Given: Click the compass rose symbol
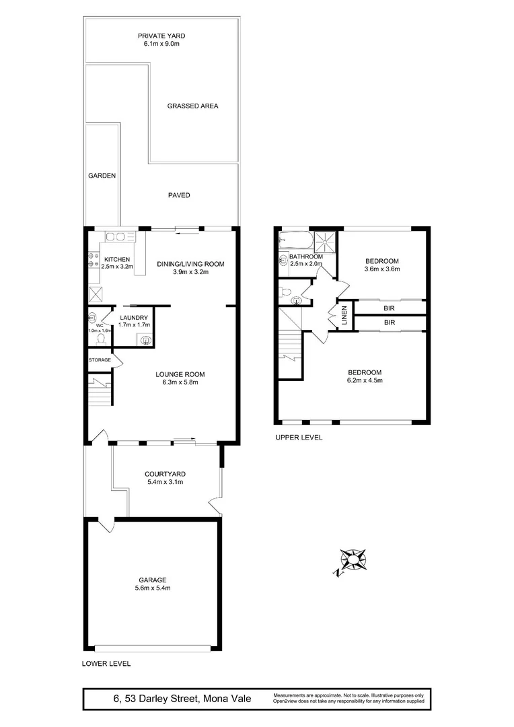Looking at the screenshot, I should coord(354,559).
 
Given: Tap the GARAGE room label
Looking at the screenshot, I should coord(153,580).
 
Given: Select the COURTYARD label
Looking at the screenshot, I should coord(165,473).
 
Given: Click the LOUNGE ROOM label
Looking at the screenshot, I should coord(180,374).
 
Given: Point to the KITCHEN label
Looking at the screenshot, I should coord(116,258).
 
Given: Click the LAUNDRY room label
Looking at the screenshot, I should coord(133,318).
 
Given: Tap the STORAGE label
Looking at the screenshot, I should coord(100,360).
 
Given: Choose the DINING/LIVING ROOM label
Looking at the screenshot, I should coord(190,264).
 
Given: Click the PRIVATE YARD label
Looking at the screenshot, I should coord(161,36).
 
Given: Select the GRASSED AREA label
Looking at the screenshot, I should coord(193,106).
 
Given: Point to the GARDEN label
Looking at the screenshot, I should coord(102,176).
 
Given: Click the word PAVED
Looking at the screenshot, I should coord(179,195).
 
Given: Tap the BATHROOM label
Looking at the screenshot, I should coord(306,256).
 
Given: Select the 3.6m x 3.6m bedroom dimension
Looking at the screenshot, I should coord(382,269).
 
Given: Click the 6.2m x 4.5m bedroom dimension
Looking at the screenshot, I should coord(365,381).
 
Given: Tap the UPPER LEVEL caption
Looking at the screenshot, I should coord(299,437).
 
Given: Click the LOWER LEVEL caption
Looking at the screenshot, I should coord(106,663).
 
